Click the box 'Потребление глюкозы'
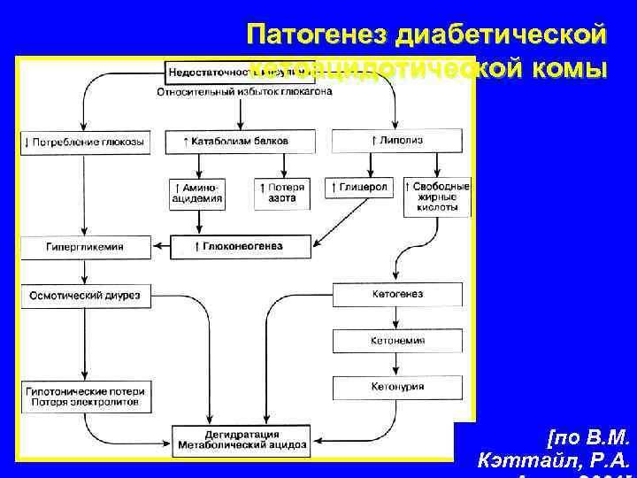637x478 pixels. [84, 142]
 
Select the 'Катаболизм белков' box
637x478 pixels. [235, 142]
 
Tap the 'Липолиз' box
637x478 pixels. [397, 142]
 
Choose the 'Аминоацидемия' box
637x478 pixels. [196, 194]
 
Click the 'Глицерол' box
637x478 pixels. [360, 189]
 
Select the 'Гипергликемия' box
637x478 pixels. [84, 247]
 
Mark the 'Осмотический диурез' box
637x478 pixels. [84, 294]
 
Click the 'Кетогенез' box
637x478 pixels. [397, 294]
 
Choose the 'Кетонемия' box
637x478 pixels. [397, 340]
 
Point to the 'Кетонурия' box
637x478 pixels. [397, 387]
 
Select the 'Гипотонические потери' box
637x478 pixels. [84, 396]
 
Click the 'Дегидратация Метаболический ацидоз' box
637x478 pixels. [242, 439]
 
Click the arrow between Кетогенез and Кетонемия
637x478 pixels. [397, 317]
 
